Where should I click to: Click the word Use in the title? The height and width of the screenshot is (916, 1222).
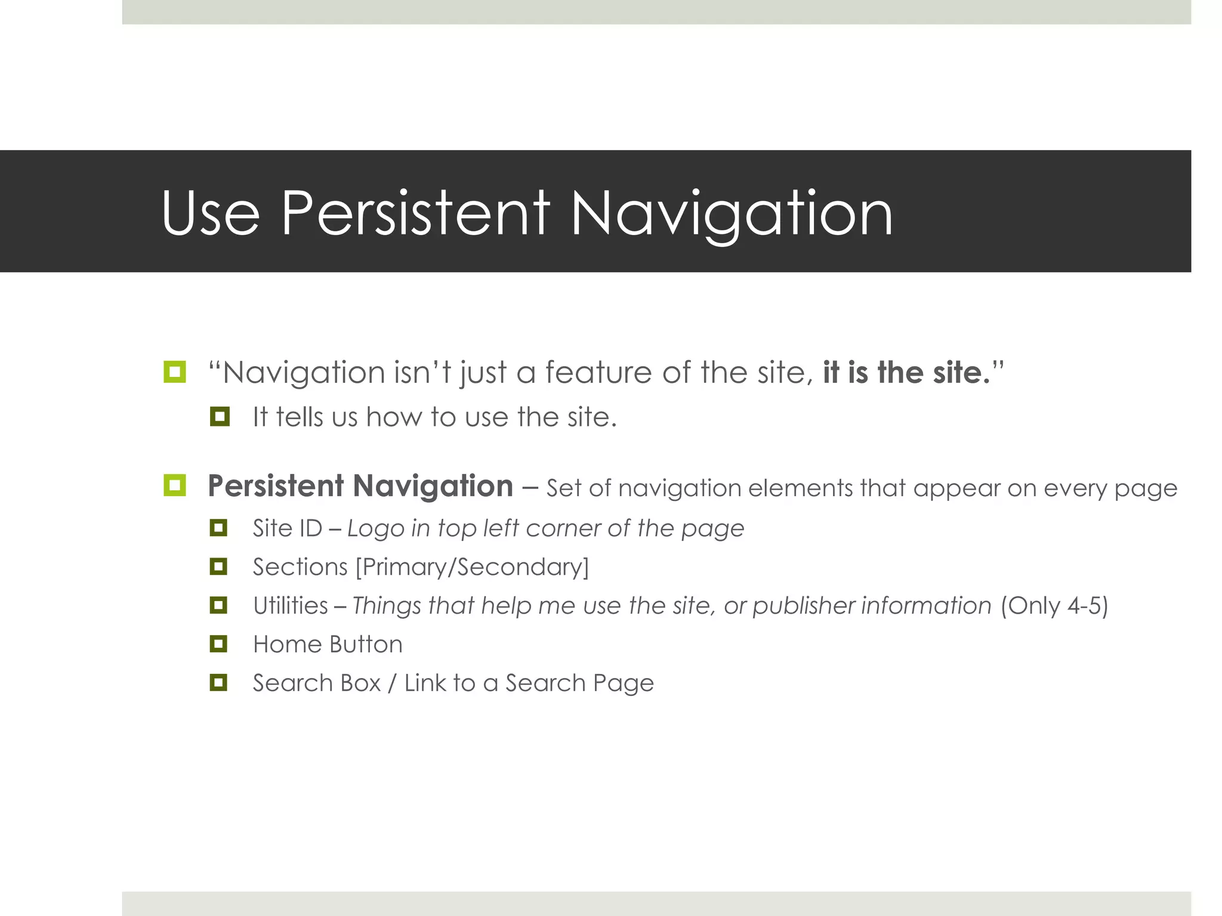[x=210, y=213]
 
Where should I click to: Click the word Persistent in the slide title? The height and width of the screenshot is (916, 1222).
[x=415, y=213]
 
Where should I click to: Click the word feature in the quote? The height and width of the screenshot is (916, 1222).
[x=598, y=373]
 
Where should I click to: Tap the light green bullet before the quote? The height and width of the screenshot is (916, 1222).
[x=174, y=372]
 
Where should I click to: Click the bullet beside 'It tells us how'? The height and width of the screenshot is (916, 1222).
[x=220, y=416]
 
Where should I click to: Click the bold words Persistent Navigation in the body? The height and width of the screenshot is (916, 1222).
[x=360, y=486]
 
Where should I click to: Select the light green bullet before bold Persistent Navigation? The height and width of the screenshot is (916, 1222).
[x=174, y=485]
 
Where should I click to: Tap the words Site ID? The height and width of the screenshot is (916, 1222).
[x=287, y=528]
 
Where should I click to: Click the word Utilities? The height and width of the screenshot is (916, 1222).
[x=291, y=606]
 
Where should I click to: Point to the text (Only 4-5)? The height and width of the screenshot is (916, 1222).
[x=1054, y=606]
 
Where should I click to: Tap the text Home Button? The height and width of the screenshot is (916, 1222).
[x=328, y=645]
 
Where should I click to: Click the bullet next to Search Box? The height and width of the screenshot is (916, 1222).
[x=218, y=682]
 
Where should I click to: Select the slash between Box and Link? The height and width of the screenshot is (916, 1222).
[x=392, y=683]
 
